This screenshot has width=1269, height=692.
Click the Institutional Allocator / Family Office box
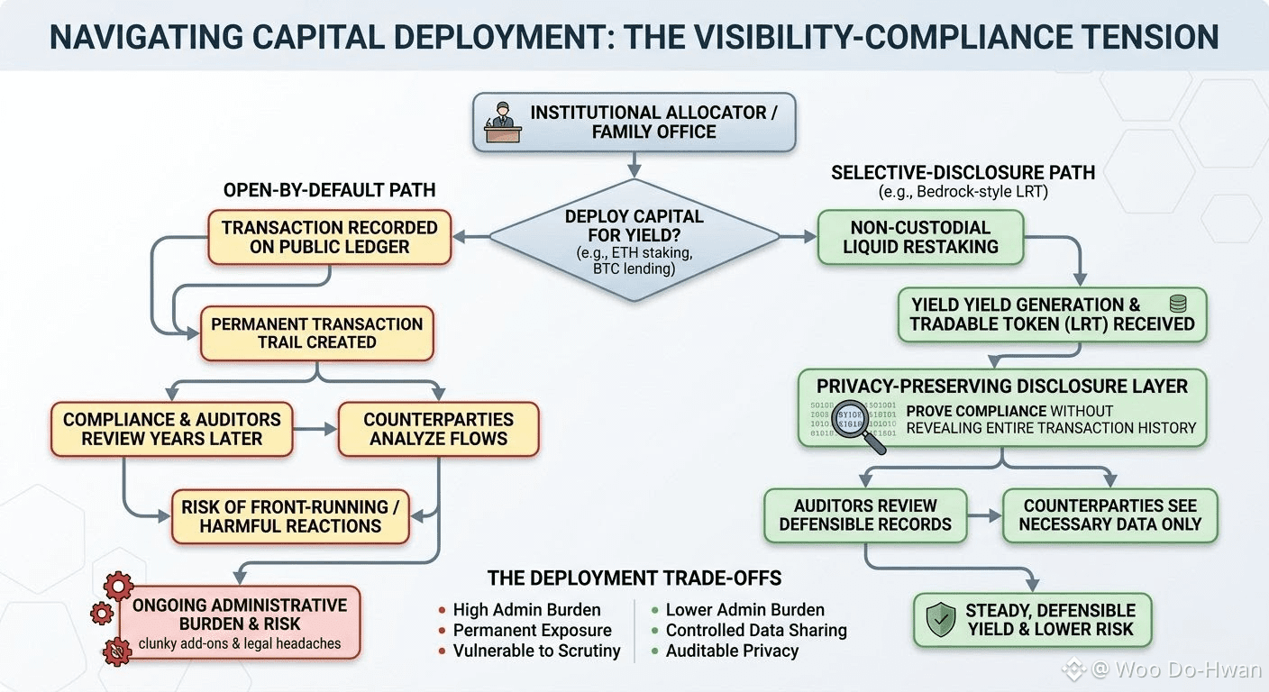coord(634,123)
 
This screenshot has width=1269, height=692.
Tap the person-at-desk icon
coord(503,122)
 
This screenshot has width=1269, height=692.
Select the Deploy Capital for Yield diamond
coord(634,240)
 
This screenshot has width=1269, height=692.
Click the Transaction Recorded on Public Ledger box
coord(329,237)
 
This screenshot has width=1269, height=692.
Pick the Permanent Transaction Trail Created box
coord(316,333)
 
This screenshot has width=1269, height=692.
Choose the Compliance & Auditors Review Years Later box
coord(171,429)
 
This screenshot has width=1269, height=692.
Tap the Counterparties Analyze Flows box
coord(439,429)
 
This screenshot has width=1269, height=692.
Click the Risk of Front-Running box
coord(290,516)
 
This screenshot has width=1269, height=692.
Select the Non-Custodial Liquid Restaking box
coord(920,237)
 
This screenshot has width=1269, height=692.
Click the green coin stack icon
coord(1178,304)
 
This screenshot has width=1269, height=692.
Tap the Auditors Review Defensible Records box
coord(865,515)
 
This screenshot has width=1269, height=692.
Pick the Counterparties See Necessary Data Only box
coord(1109,515)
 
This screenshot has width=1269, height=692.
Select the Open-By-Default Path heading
coord(329,190)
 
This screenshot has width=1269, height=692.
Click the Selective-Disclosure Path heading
coord(963,173)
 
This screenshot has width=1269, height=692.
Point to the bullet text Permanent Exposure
coord(532,630)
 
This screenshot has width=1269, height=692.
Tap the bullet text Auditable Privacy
coord(732,651)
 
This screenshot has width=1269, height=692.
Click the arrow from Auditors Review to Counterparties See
coord(984,516)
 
